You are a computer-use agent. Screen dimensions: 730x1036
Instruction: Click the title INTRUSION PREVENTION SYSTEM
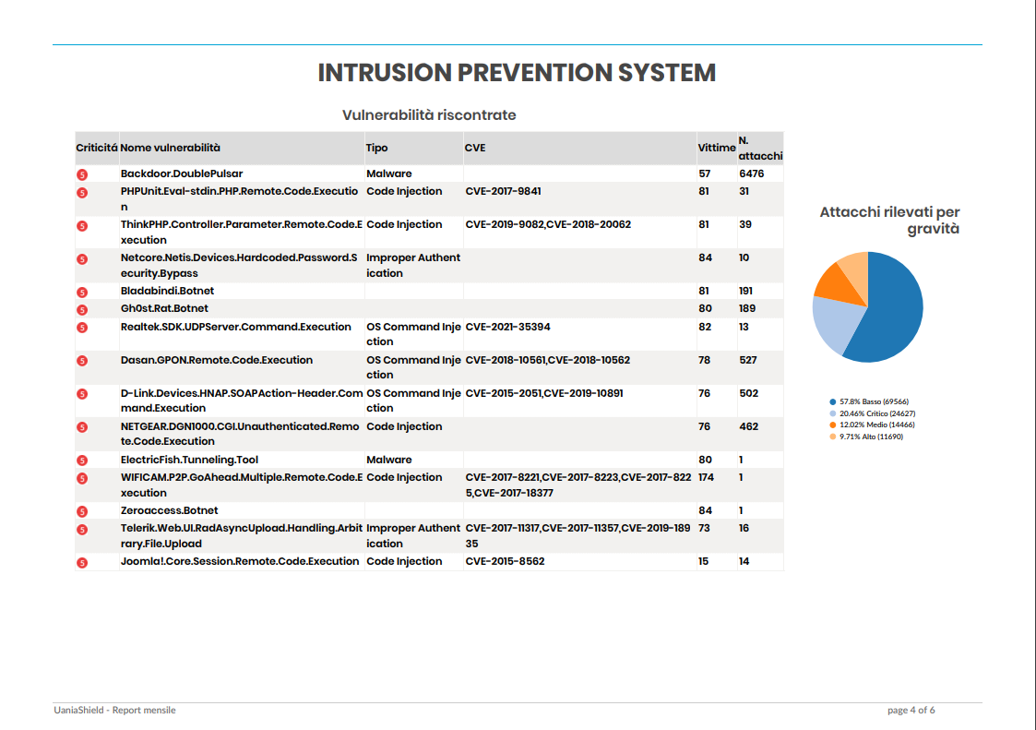[517, 73]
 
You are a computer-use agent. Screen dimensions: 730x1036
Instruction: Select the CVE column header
[475, 148]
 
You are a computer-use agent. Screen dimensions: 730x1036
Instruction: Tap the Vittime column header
[716, 148]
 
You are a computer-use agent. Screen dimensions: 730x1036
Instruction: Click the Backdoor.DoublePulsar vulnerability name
[182, 174]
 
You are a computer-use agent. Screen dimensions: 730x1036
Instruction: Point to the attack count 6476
[752, 174]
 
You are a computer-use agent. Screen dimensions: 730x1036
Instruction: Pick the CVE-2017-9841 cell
[503, 191]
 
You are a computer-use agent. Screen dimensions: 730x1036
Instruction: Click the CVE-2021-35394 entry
[508, 327]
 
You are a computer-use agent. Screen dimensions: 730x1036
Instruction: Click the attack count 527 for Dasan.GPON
[748, 360]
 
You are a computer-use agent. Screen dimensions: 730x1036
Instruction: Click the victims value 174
[707, 477]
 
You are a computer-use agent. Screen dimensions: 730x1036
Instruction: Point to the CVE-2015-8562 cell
[505, 561]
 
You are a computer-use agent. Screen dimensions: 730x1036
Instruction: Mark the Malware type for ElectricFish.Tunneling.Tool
[388, 460]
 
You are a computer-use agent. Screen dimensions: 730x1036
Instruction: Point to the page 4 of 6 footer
[911, 711]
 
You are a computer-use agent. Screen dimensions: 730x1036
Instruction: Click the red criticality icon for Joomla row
[81, 562]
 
